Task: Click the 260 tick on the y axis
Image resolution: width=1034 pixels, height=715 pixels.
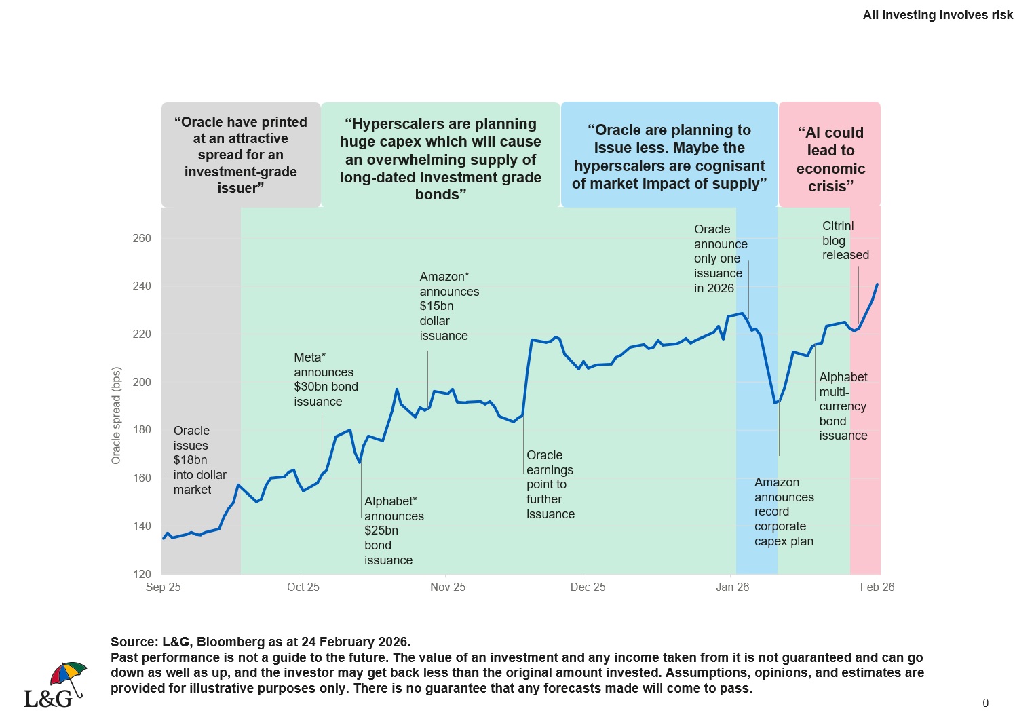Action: pyautogui.click(x=142, y=238)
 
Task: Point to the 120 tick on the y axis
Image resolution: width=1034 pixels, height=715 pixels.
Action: pyautogui.click(x=142, y=574)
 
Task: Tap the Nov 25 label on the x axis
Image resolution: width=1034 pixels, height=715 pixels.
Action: pyautogui.click(x=448, y=587)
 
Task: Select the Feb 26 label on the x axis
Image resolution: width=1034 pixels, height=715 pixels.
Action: pyautogui.click(x=877, y=587)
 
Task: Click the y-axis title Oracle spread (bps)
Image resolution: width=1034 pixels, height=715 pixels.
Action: pyautogui.click(x=116, y=416)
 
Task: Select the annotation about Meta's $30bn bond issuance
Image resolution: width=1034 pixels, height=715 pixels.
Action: pyautogui.click(x=326, y=379)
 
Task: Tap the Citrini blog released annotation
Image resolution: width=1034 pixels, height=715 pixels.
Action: pyautogui.click(x=845, y=241)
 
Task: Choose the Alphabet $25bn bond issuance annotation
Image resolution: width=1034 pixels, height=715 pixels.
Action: pyautogui.click(x=394, y=530)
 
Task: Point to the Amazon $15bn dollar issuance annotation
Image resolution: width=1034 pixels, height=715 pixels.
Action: pyautogui.click(x=448, y=306)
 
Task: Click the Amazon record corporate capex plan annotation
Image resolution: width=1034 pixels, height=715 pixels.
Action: pyautogui.click(x=784, y=511)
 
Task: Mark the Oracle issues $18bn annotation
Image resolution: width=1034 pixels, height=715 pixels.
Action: pyautogui.click(x=199, y=460)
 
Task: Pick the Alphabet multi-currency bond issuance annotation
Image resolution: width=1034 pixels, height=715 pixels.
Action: pyautogui.click(x=843, y=406)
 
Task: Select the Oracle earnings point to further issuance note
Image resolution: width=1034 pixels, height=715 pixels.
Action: pyautogui.click(x=550, y=484)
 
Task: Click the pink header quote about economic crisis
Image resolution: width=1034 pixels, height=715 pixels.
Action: pyautogui.click(x=830, y=159)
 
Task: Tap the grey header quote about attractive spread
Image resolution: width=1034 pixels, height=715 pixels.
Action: pyautogui.click(x=241, y=155)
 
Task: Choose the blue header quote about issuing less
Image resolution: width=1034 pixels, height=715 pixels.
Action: pyautogui.click(x=669, y=157)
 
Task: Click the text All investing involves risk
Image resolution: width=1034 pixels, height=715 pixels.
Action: pyautogui.click(x=938, y=15)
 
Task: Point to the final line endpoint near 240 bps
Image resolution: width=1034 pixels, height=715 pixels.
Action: pyautogui.click(x=877, y=284)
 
